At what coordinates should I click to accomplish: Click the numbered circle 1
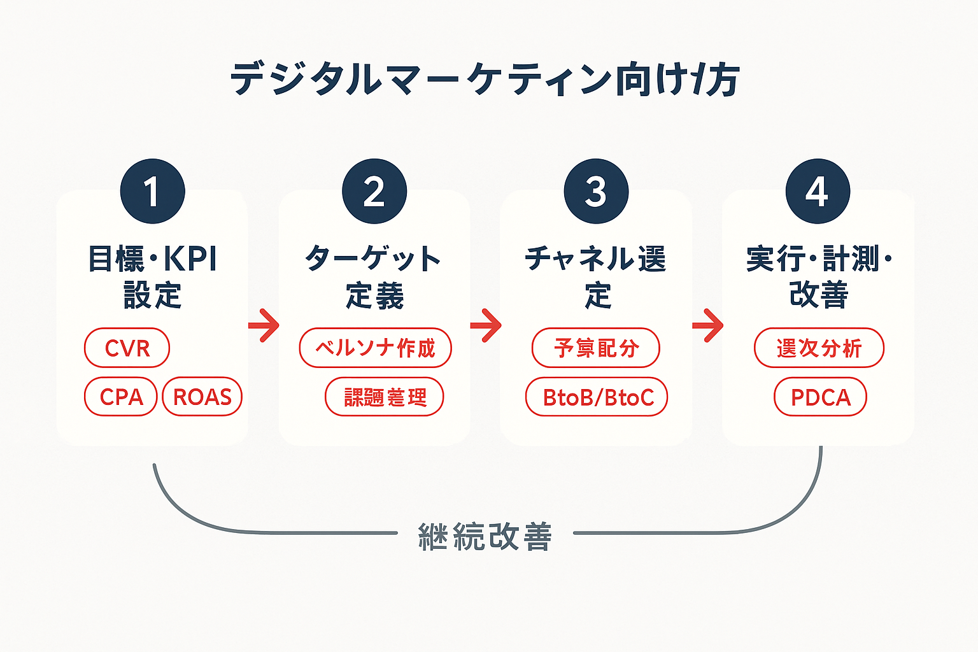[x=153, y=191]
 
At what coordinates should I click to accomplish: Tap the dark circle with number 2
[x=374, y=191]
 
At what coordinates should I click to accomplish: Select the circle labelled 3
[x=596, y=191]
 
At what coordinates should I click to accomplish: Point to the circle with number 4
[x=818, y=191]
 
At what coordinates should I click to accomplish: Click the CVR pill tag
[x=127, y=348]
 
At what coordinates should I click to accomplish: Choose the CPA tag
[x=121, y=397]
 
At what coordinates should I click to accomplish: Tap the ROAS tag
[x=202, y=397]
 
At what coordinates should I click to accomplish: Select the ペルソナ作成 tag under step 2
[x=376, y=348]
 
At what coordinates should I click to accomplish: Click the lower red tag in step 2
[x=385, y=397]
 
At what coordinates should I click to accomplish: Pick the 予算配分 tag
[x=596, y=348]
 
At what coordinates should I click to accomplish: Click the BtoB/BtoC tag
[x=597, y=397]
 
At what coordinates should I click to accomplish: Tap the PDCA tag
[x=821, y=397]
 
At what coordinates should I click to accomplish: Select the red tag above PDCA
[x=819, y=348]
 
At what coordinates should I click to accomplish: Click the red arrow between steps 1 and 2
[x=264, y=325]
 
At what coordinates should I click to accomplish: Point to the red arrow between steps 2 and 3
[x=486, y=325]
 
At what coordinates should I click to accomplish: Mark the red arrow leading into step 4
[x=707, y=325]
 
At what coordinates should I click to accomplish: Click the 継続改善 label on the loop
[x=485, y=537]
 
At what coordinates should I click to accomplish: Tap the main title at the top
[x=485, y=80]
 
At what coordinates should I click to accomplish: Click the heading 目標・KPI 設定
[x=153, y=277]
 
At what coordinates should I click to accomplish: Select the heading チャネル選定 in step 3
[x=596, y=277]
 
